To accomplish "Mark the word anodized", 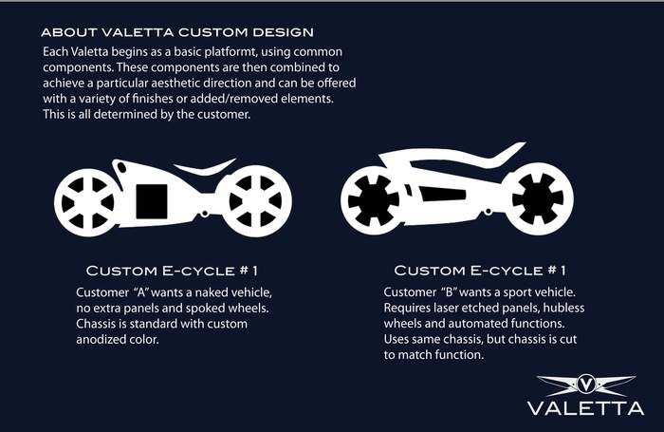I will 101,340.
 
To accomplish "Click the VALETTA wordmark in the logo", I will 585,408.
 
